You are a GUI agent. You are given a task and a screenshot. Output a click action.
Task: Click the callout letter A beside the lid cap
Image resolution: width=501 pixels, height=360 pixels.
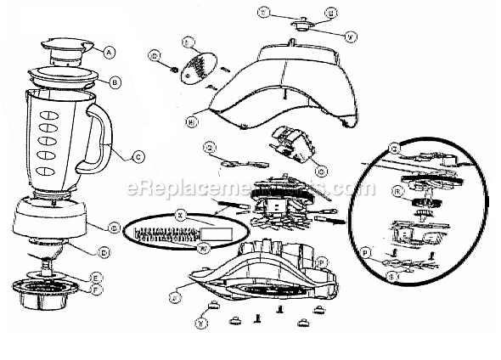[109, 51]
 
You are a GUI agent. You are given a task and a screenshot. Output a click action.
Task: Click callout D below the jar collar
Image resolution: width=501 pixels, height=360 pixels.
[103, 251]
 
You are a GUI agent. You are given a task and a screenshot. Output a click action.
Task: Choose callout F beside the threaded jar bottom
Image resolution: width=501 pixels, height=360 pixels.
[98, 289]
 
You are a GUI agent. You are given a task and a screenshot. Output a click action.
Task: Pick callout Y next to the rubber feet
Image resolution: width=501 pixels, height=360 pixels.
[200, 322]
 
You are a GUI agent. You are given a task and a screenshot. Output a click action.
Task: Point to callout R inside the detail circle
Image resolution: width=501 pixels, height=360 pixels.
[396, 192]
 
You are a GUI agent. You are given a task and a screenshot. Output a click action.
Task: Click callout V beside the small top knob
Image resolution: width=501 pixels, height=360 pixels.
[352, 35]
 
